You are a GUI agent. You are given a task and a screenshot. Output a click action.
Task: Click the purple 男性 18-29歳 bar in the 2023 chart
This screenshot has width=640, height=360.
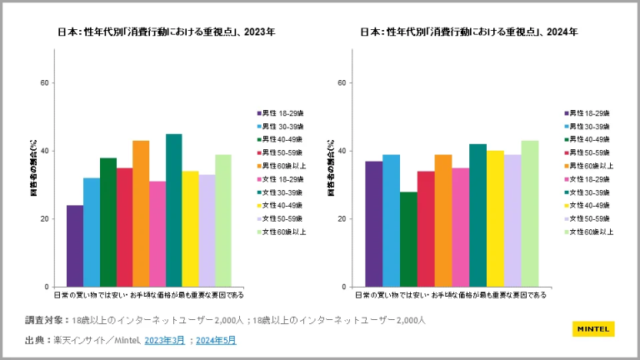(x=75, y=246)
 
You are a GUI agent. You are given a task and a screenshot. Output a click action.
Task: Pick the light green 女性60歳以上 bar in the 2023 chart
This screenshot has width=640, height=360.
(x=223, y=220)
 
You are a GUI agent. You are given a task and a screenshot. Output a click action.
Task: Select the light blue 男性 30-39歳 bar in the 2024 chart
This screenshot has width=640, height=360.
(x=391, y=220)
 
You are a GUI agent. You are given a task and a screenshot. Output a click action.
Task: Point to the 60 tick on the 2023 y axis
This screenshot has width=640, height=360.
(x=45, y=82)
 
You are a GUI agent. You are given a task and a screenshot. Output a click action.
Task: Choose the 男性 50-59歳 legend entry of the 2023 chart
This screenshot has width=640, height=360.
(x=282, y=152)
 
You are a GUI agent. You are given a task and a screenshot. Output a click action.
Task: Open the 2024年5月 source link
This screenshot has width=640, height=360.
(x=216, y=340)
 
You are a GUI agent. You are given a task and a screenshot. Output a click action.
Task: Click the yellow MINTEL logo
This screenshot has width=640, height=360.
(x=593, y=328)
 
